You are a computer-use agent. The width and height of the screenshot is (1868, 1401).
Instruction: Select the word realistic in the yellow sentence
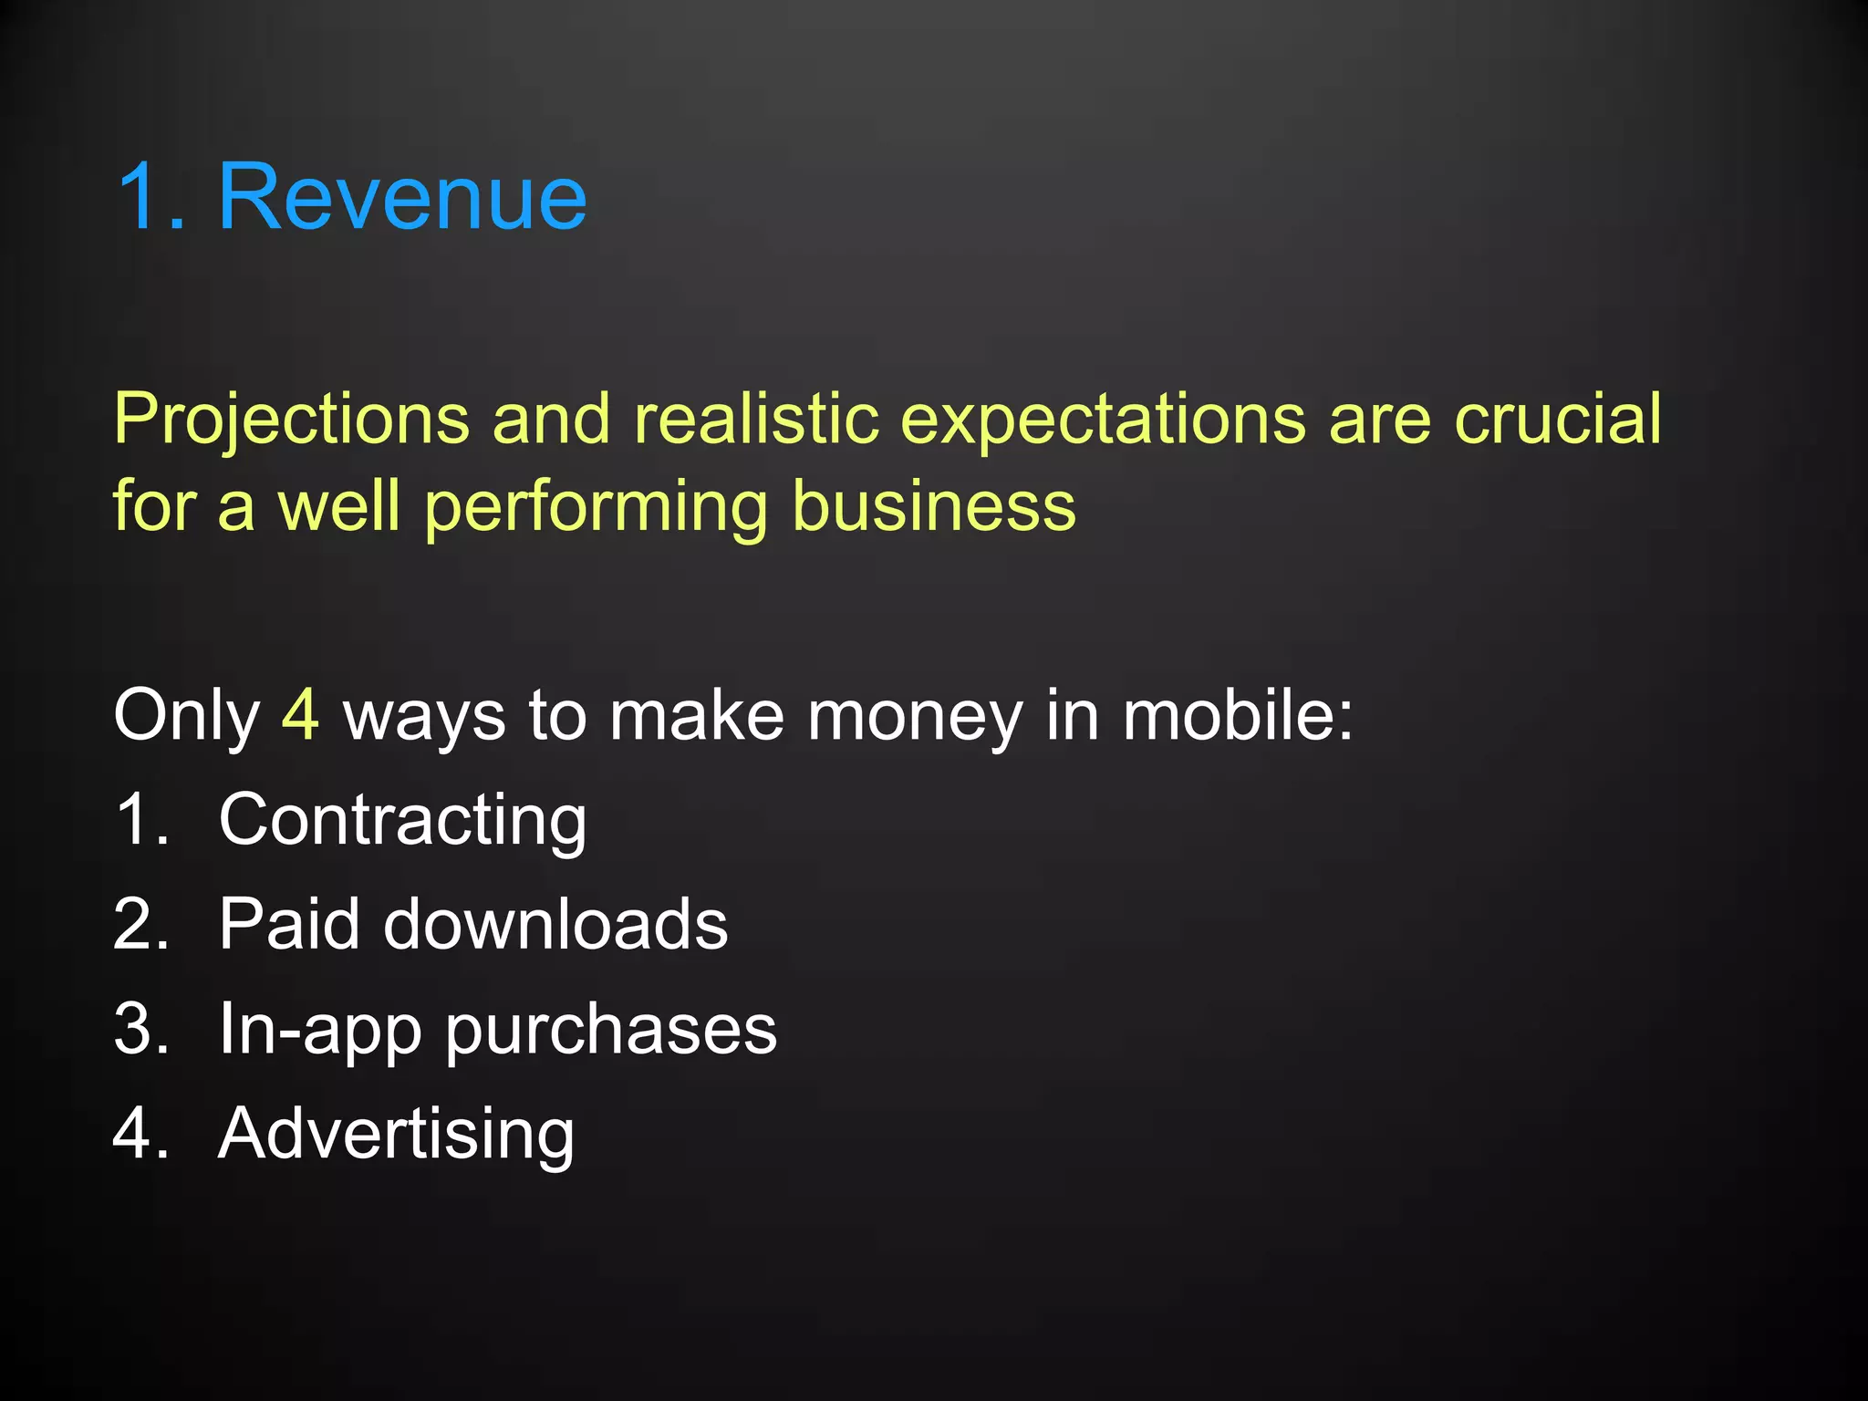756,420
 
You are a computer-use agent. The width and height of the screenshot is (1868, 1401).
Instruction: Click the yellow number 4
300,715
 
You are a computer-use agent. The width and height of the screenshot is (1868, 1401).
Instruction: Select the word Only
187,717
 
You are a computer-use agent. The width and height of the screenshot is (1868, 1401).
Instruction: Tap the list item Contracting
402,821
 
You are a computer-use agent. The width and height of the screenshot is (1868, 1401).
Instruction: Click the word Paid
289,924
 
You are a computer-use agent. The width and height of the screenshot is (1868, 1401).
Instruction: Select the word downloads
555,924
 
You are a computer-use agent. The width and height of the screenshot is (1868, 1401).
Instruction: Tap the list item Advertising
396,1135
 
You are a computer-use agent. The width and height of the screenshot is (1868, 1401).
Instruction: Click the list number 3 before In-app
140,1029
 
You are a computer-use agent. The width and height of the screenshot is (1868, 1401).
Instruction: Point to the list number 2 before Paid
140,924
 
